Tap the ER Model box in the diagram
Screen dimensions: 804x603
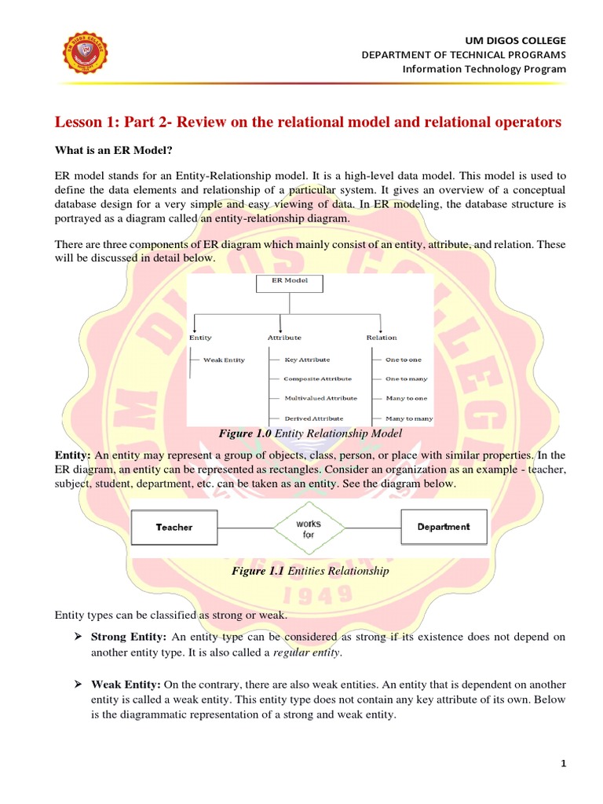point(290,283)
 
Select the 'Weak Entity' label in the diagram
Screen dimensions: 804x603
point(224,360)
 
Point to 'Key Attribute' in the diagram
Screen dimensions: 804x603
point(307,360)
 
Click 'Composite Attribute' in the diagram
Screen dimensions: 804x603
point(318,379)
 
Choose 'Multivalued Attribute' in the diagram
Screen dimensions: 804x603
point(320,399)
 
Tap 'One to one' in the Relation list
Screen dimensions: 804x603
point(404,360)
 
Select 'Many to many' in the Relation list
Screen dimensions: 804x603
point(408,418)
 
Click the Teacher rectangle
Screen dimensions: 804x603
point(174,528)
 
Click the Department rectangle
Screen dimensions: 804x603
point(444,527)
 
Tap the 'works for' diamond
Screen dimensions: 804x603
point(309,528)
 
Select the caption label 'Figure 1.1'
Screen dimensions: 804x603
point(258,571)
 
